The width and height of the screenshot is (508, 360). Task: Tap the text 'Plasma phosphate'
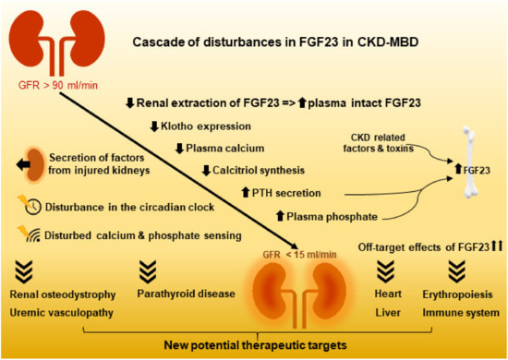[322, 215]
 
